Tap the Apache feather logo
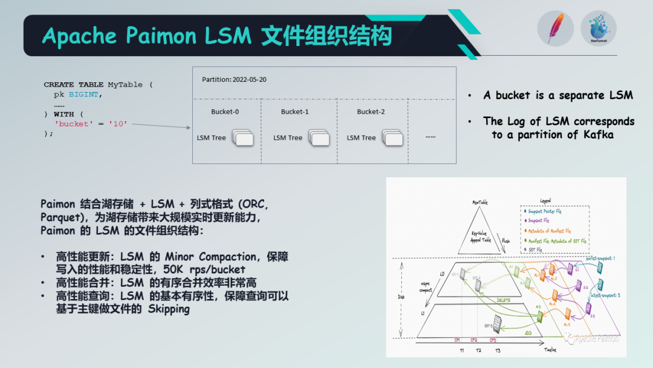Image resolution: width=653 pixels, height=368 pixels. [x=555, y=28]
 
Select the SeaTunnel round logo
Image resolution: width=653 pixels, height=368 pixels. [x=598, y=28]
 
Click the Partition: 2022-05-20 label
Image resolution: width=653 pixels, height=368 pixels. [x=234, y=79]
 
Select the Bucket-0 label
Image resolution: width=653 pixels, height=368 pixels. [x=225, y=112]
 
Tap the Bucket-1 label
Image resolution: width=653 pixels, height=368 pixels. [x=295, y=112]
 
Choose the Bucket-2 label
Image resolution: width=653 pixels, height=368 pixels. [x=371, y=112]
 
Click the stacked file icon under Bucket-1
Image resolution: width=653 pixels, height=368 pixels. [x=318, y=138]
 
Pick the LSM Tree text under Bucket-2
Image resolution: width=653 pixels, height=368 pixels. [x=362, y=138]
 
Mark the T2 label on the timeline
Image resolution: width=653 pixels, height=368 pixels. [x=478, y=350]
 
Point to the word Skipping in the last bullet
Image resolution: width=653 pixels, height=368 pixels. [x=169, y=309]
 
